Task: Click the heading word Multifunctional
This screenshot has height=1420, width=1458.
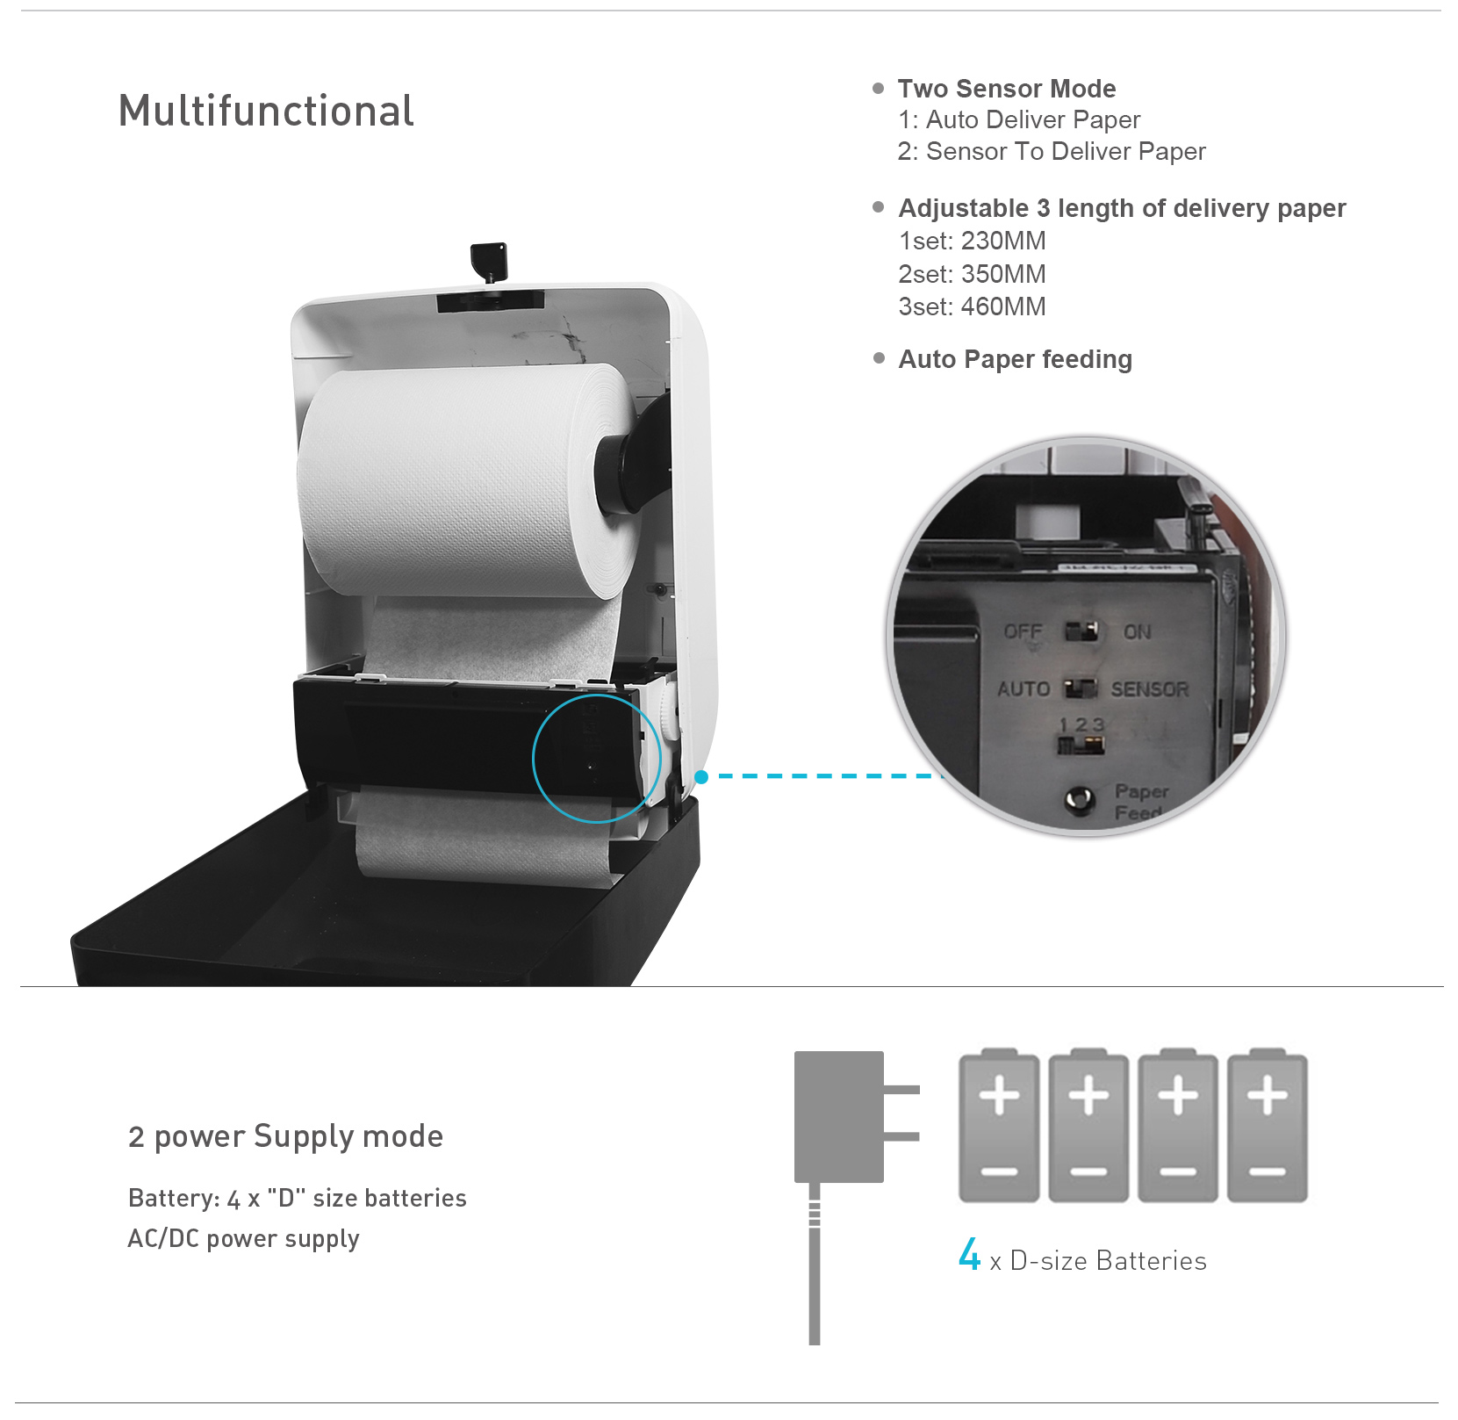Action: (x=266, y=112)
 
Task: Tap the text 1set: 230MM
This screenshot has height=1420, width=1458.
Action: (x=972, y=241)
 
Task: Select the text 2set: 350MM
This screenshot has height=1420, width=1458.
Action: (x=972, y=274)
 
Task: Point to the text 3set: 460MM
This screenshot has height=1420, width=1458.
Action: (x=972, y=306)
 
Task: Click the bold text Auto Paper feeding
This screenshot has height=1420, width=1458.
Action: (x=1016, y=359)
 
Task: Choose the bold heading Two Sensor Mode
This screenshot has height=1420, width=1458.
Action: (x=1007, y=89)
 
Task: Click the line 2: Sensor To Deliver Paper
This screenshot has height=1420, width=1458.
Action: (x=1052, y=151)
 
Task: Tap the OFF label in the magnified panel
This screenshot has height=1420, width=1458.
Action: (x=1023, y=631)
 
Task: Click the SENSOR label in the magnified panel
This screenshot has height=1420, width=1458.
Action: (x=1150, y=689)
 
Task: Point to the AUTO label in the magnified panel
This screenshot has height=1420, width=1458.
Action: (x=1023, y=689)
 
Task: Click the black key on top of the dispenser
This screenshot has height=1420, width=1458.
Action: (x=490, y=262)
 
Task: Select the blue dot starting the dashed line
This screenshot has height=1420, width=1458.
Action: (x=701, y=776)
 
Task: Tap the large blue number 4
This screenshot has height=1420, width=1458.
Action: (x=969, y=1254)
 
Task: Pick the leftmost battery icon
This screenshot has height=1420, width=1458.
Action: (x=999, y=1125)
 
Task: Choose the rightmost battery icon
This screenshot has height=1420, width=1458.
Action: (x=1268, y=1125)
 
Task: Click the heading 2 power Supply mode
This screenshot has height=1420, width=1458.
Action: (x=285, y=1136)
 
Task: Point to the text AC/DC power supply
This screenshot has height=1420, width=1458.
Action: (x=243, y=1238)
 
